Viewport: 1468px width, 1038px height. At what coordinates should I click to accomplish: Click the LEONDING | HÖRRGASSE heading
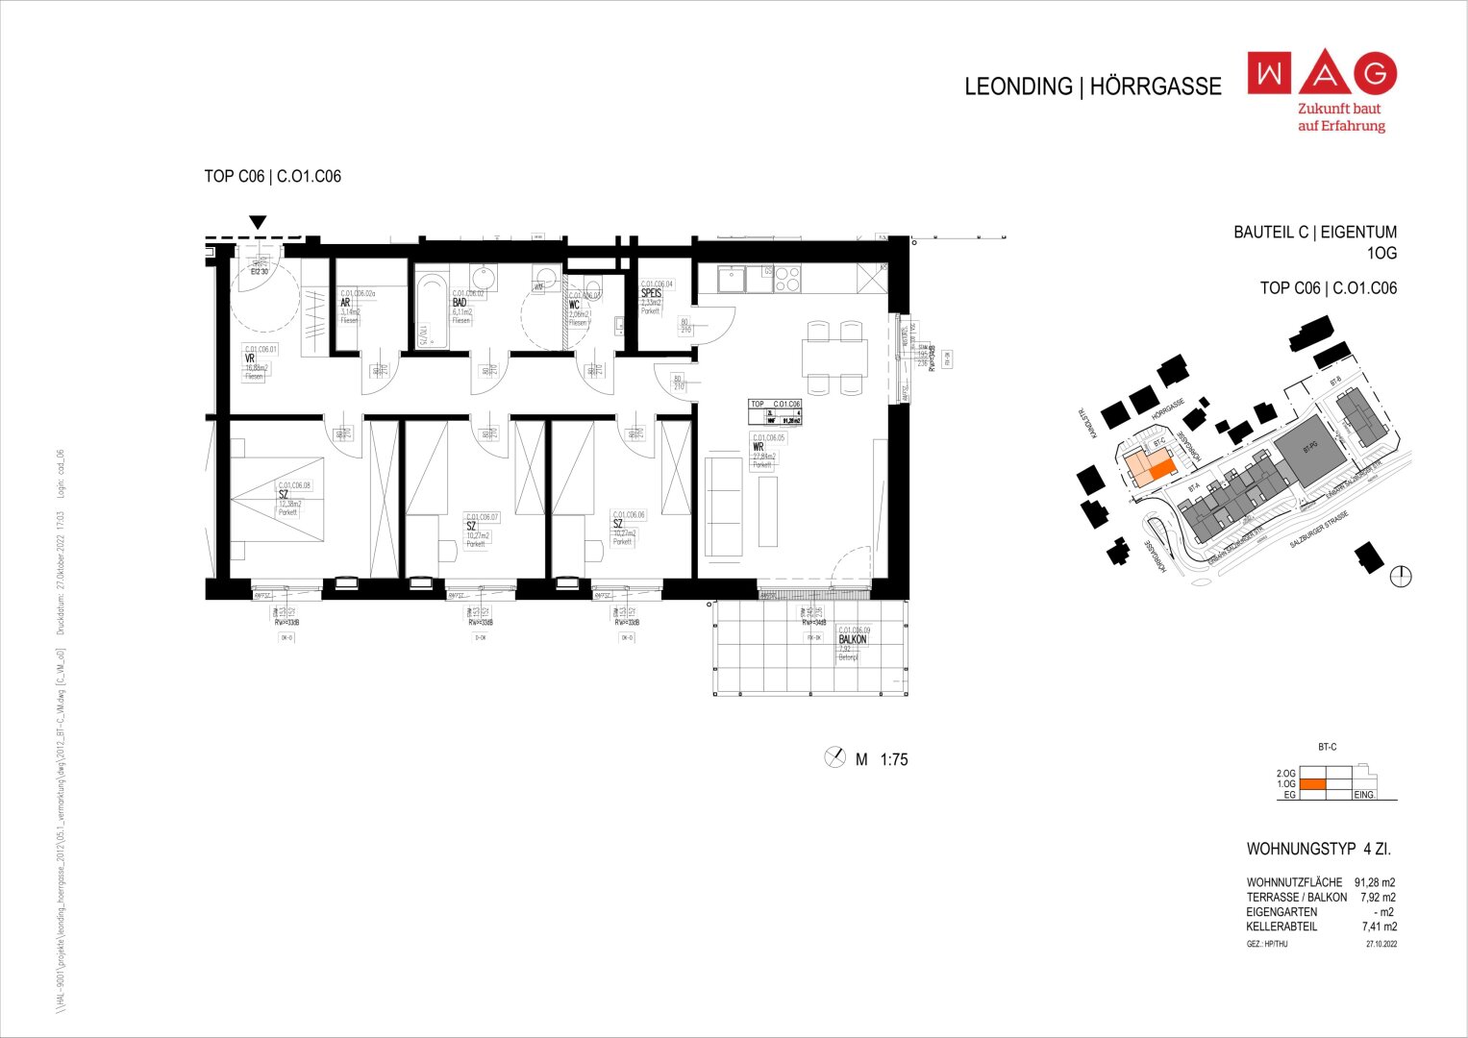coord(1092,86)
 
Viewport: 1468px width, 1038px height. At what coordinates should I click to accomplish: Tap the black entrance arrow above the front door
coord(257,223)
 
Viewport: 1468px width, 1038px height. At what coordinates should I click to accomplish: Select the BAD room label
coord(460,303)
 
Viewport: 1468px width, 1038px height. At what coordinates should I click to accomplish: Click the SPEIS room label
coord(652,294)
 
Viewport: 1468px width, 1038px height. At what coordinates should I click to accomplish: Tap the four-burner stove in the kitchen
coord(787,279)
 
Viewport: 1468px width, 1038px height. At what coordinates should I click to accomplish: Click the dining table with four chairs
coord(834,358)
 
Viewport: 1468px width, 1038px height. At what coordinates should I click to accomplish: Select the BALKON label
coord(852,639)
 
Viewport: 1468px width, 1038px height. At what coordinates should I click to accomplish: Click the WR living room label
coord(759,447)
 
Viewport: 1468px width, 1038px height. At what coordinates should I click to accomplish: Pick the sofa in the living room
coord(724,506)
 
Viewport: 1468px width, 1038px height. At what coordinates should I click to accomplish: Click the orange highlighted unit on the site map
coord(1162,469)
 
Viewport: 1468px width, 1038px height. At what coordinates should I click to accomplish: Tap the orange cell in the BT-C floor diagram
coord(1313,784)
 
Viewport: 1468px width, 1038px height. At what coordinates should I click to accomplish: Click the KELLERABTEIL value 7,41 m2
coord(1379,927)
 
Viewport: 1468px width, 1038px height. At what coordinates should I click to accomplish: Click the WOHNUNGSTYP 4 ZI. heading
coord(1318,850)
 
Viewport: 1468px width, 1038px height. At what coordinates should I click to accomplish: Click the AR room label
coord(345,303)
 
